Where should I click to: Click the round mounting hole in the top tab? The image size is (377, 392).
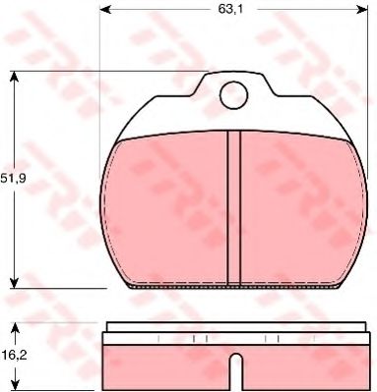coord(233,95)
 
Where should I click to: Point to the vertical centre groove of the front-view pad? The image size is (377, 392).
coord(233,206)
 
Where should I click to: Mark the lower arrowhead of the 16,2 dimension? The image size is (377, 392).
coord(14,388)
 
